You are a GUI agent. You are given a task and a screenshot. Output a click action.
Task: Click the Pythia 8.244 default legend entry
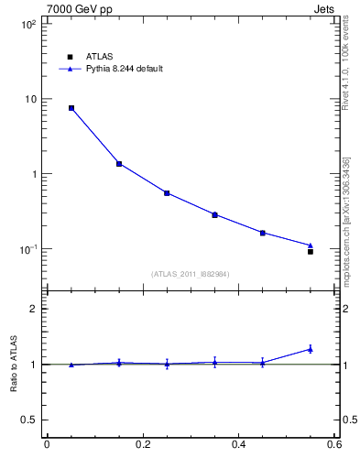tap(111, 69)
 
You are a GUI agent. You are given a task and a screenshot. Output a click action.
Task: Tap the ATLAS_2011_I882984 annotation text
tap(190, 273)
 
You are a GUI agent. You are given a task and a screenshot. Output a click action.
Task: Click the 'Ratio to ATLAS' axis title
tap(14, 365)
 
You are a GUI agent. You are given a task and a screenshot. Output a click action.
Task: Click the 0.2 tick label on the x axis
tap(142, 445)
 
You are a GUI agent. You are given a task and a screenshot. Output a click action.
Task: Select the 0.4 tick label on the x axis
tap(238, 445)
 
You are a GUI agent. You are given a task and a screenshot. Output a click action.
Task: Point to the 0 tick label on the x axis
tap(47, 445)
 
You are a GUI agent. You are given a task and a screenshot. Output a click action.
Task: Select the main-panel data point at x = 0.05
tap(71, 108)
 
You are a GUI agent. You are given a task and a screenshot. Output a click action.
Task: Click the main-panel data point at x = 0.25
tap(167, 193)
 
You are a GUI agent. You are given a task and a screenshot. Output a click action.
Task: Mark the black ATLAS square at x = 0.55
tap(311, 251)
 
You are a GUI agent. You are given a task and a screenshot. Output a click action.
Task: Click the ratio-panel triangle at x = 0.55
tap(311, 348)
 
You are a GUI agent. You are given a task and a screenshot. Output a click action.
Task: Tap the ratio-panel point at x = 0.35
tap(214, 363)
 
